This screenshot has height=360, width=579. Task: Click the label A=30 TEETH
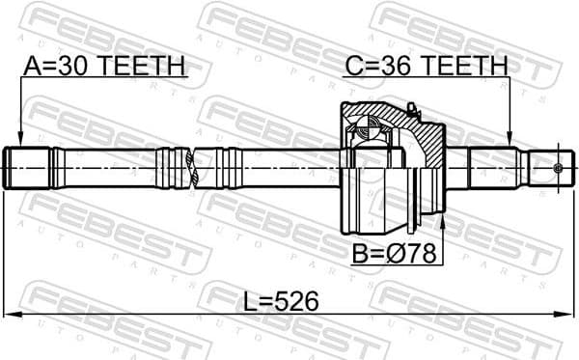[x=102, y=66]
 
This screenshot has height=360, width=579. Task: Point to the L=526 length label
[x=281, y=301]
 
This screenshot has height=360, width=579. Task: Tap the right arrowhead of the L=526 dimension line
[x=566, y=315]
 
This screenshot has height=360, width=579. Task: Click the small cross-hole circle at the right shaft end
[x=558, y=168]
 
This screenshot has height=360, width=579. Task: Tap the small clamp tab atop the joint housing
[x=410, y=107]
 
